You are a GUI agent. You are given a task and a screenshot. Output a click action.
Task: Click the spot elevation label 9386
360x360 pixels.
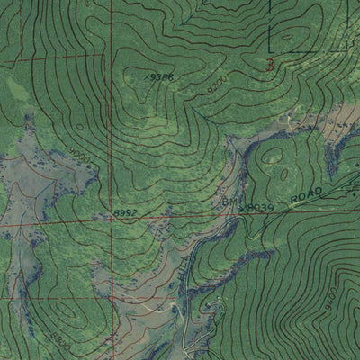pos(161,77)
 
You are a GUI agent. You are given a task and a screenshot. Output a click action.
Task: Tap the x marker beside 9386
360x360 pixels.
pos(146,76)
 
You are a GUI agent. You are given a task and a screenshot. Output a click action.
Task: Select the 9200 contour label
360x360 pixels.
pos(215,89)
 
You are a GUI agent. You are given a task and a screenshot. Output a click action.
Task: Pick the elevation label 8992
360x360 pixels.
pos(125,212)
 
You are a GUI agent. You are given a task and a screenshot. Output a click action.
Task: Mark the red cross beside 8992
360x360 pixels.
pos(112,217)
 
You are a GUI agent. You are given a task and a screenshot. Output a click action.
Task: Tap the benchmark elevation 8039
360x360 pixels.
pos(259,207)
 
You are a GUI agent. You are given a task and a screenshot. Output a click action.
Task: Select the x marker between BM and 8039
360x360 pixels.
pos(242,207)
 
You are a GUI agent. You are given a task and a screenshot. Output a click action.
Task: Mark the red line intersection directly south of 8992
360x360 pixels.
pos(112,297)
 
